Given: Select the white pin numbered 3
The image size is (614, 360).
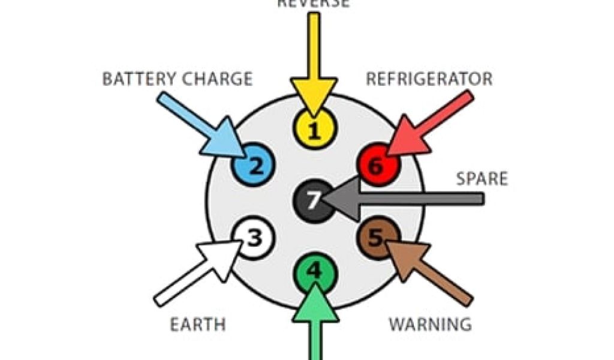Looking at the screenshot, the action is point(254,239).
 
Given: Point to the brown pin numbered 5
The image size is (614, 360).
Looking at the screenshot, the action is point(377,238).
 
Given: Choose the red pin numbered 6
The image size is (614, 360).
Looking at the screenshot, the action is point(377,165).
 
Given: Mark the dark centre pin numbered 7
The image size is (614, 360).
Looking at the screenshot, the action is point(312,200).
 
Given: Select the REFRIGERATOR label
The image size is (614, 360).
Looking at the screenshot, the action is point(429,79).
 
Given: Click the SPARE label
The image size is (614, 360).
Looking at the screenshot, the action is point(481,179).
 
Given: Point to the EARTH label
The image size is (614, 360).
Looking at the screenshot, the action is point(198,325).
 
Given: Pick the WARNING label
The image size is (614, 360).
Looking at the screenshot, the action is point(430,325).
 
